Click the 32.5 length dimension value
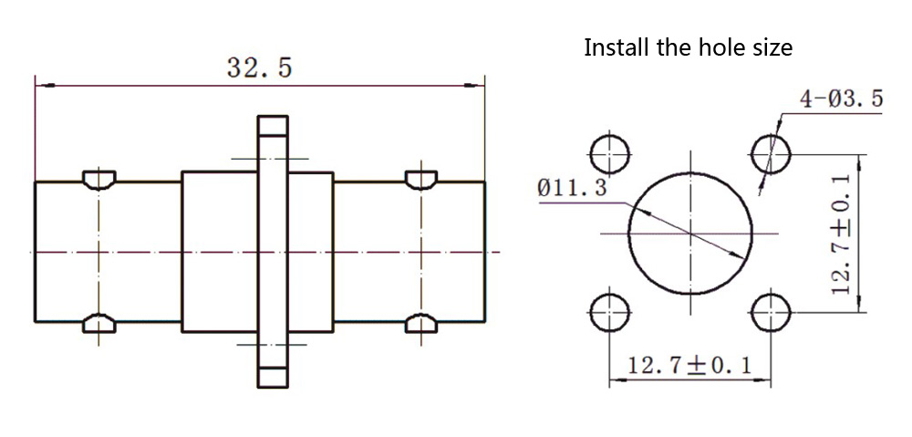pos(259,68)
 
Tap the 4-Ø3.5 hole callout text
pos(841,99)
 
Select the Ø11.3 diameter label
pos(573,189)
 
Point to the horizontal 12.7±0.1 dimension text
pos(689,366)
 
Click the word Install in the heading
pos(617,47)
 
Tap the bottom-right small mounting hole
pos(771,314)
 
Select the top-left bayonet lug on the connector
pos(98,179)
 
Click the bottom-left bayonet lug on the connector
pos(98,322)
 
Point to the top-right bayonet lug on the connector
pos(421,179)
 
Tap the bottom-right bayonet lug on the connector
pos(421,322)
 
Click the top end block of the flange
pos(272,126)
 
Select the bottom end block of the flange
pos(272,375)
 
